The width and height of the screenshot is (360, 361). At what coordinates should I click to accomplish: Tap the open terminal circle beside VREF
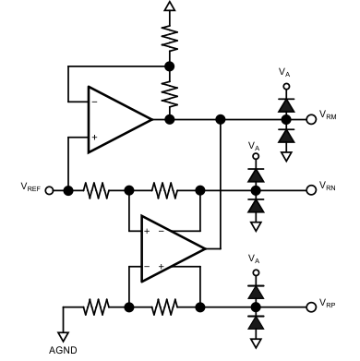tap(67, 190)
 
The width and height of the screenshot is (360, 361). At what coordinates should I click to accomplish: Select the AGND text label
tap(63, 349)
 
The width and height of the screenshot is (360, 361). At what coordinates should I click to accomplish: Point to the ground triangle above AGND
tap(63, 333)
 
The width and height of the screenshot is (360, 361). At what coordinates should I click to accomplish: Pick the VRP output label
tap(330, 303)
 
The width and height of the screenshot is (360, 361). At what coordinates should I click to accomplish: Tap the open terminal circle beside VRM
tap(311, 119)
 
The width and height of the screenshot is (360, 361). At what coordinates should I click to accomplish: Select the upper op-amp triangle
tap(116, 119)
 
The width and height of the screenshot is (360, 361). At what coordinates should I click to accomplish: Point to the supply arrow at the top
tap(168, 7)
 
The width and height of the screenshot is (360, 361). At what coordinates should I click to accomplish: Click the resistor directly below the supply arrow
tap(168, 39)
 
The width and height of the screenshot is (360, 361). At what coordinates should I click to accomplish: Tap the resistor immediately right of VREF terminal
tap(97, 190)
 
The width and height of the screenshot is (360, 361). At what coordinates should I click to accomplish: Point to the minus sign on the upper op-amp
tap(95, 101)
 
